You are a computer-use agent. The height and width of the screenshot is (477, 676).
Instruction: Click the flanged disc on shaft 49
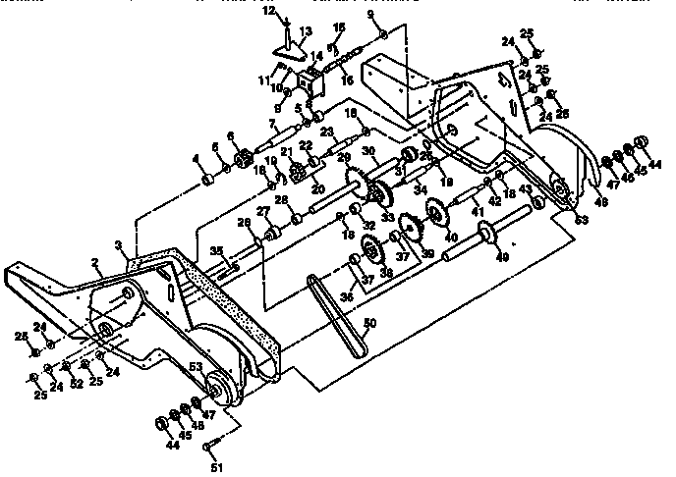(x=484, y=235)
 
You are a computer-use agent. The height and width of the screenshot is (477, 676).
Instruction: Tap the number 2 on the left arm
(x=96, y=263)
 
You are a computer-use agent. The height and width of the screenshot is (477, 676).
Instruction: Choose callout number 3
(x=120, y=244)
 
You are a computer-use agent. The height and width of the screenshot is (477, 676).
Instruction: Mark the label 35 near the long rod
(x=216, y=251)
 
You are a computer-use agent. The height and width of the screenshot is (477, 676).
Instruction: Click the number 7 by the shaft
(x=272, y=123)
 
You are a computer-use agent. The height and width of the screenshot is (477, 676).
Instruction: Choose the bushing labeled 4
(x=208, y=182)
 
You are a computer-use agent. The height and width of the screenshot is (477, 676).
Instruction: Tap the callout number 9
(x=370, y=14)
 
